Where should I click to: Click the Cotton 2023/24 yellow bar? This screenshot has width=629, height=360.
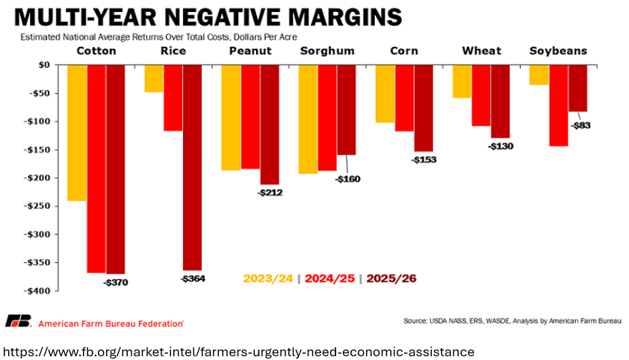[77, 132]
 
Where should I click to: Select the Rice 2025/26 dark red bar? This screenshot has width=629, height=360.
[192, 167]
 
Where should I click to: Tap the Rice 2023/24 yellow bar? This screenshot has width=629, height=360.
[154, 78]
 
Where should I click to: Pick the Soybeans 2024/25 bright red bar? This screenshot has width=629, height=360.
[559, 105]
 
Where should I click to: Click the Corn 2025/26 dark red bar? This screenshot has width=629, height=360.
[424, 108]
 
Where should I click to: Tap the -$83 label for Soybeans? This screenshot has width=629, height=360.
[580, 125]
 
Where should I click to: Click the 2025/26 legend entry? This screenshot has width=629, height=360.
[391, 279]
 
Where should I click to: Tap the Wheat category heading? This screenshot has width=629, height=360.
[482, 51]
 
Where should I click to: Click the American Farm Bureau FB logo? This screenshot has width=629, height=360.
[18, 322]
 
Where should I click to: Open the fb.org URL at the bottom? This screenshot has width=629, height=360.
[239, 351]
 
